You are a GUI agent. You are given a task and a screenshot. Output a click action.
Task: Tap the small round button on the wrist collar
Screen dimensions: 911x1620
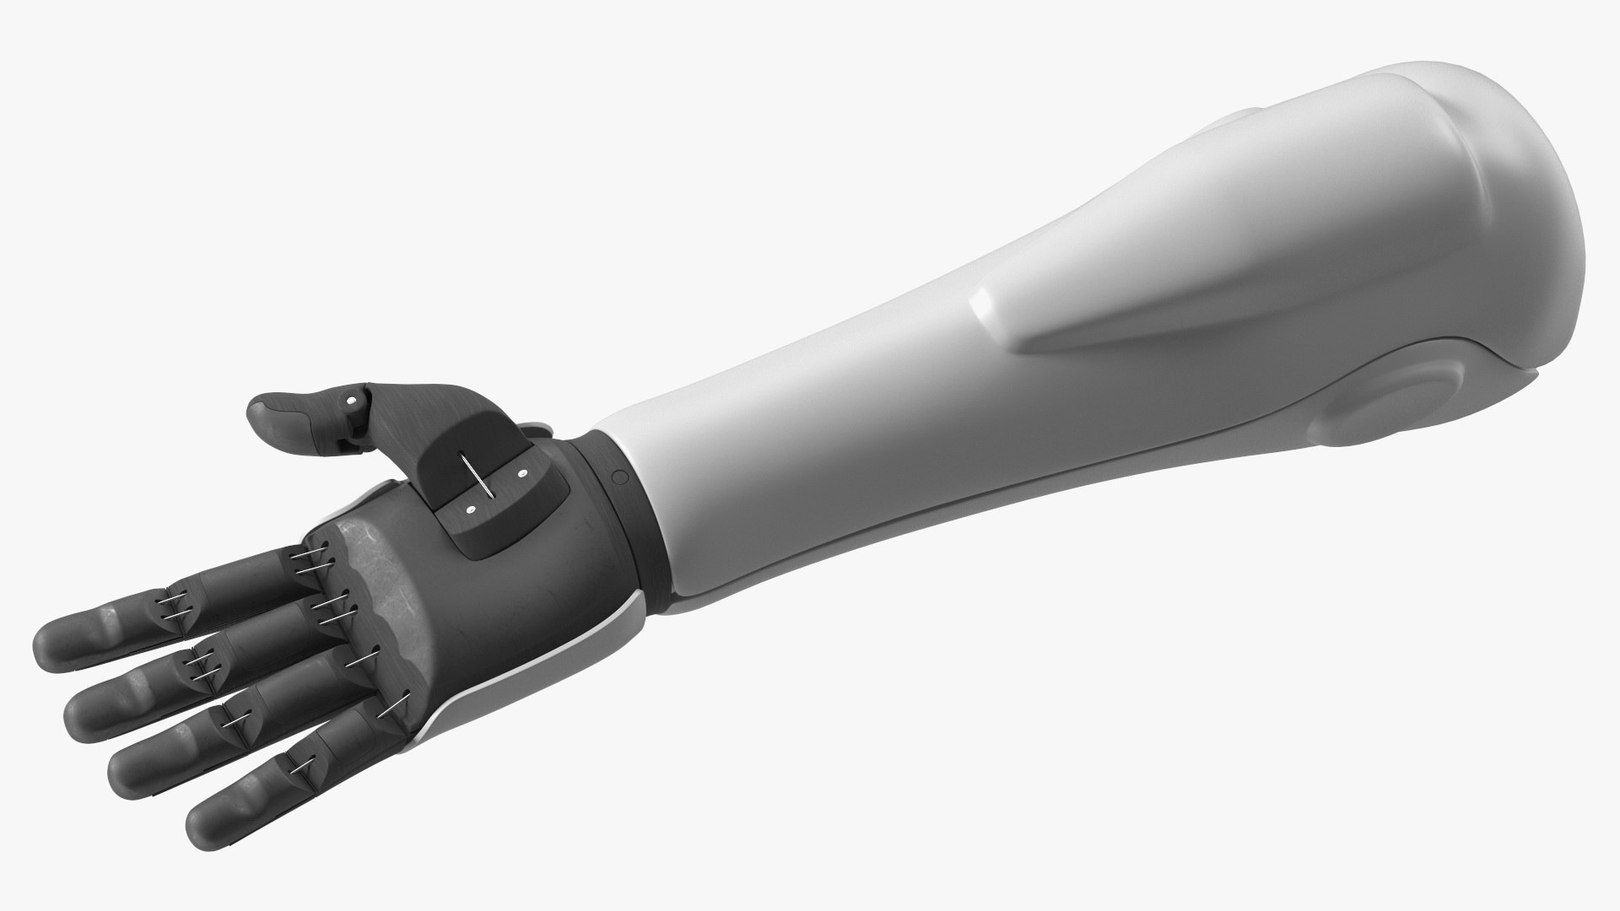[x=619, y=477]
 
